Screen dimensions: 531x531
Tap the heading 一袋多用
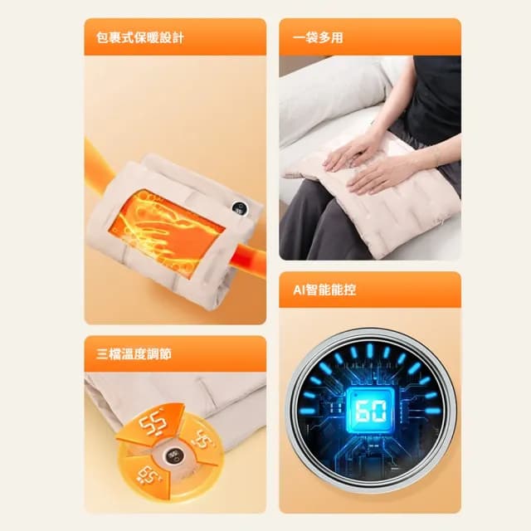pos(319,38)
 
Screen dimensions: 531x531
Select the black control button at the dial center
pos(174,455)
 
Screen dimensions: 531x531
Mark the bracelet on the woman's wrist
pos(432,158)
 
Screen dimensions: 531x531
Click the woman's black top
pos(431,91)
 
